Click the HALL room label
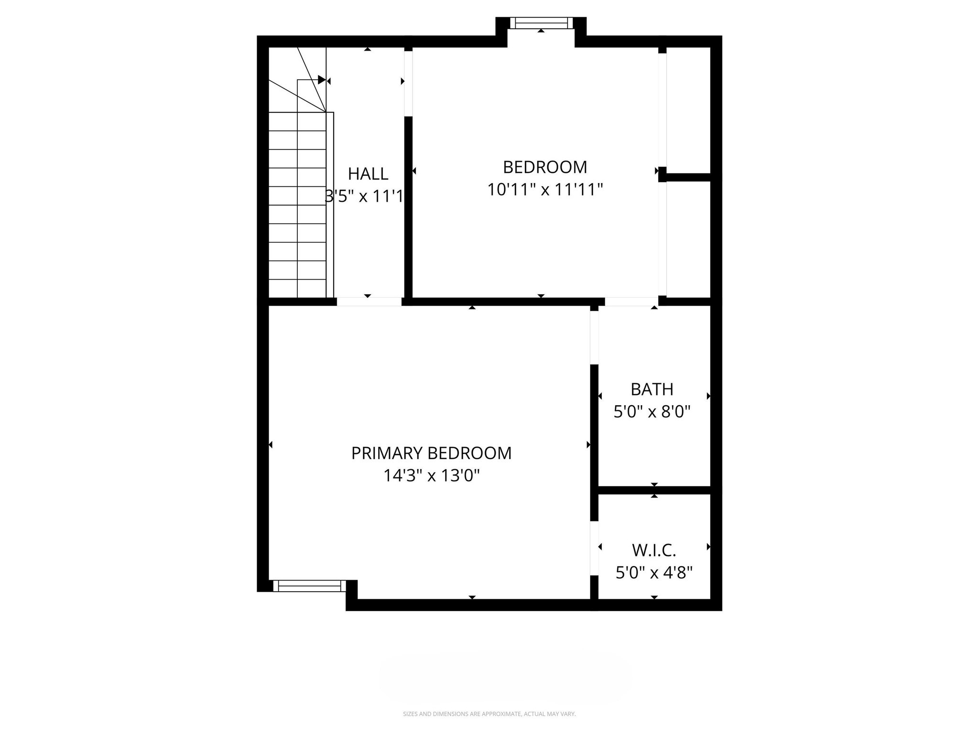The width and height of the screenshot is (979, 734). click(368, 173)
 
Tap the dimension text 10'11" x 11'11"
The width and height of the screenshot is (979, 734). click(544, 190)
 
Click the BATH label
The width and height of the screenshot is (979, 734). click(652, 389)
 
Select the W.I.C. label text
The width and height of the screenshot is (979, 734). click(653, 550)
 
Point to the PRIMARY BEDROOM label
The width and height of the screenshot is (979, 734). click(431, 453)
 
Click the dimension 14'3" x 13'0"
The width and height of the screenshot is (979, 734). click(431, 476)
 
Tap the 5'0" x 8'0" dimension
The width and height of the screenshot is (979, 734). click(652, 412)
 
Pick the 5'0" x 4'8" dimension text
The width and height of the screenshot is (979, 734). click(653, 572)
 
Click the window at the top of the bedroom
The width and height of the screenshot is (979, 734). click(541, 23)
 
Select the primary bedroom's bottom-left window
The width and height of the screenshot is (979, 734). click(309, 586)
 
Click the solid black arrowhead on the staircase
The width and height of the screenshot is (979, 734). click(322, 80)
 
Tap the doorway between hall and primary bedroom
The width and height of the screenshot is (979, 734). click(369, 302)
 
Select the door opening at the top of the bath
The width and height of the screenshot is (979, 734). click(631, 302)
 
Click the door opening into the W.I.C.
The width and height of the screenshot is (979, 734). click(594, 548)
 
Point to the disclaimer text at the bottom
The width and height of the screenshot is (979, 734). click(489, 714)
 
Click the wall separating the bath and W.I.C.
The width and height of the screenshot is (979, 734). click(654, 490)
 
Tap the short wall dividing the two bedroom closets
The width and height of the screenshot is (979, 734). click(687, 177)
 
